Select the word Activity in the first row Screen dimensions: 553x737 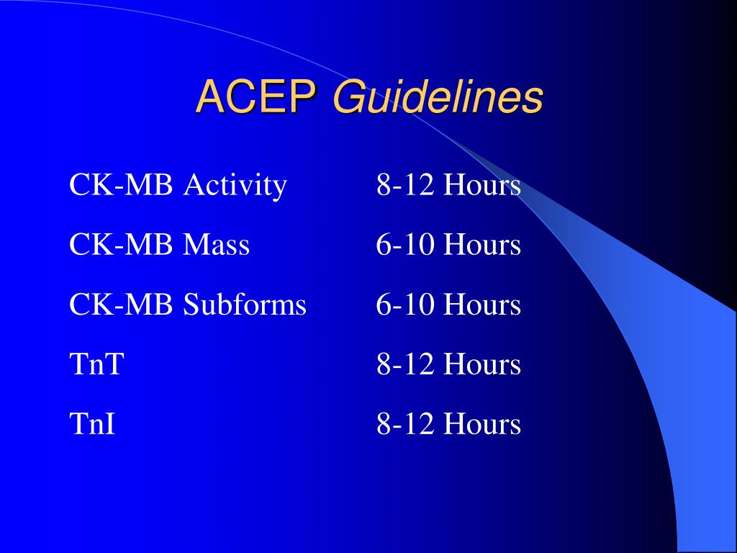click(235, 186)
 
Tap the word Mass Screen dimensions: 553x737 click(216, 246)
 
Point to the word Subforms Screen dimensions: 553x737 click(245, 305)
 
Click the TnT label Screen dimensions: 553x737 click(96, 364)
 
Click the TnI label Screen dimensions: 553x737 click(92, 424)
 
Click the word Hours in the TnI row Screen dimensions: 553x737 click(481, 424)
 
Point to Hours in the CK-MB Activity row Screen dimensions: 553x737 click(481, 186)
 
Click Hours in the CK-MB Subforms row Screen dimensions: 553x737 click(481, 305)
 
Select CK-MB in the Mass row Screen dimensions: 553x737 click(121, 246)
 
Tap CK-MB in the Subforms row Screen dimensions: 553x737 click(121, 305)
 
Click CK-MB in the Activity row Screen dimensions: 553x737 click(121, 186)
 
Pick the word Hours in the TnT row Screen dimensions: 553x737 click(481, 364)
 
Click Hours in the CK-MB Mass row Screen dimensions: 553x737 click(481, 246)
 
